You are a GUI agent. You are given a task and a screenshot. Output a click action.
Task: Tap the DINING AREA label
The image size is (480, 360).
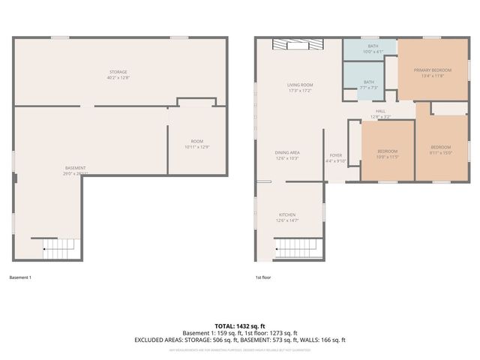pos(287,155)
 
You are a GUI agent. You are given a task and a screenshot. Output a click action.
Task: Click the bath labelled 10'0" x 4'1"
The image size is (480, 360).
pos(373,49)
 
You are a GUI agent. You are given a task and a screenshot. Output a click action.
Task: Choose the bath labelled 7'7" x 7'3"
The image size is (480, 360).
pos(368,85)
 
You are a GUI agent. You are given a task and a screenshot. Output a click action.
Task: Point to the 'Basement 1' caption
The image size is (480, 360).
pos(20,277)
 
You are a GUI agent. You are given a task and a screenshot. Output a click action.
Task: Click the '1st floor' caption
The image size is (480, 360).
pos(264,277)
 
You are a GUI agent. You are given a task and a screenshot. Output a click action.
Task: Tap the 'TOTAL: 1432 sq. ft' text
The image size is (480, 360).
pos(240,325)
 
